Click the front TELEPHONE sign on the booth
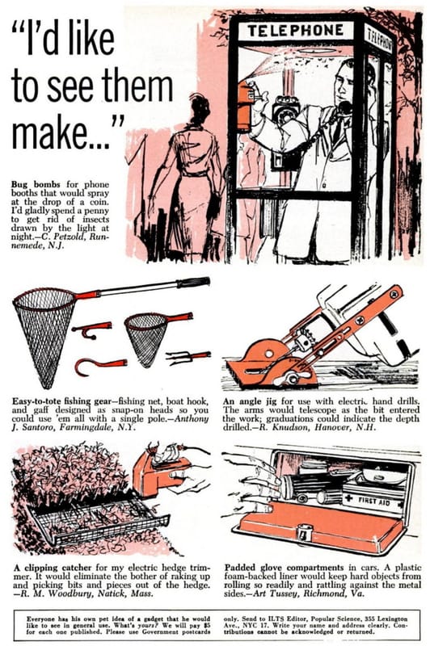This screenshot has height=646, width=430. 295,31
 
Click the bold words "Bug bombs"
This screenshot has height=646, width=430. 36,184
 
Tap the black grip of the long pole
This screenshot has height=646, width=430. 193,283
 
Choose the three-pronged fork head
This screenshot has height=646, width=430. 188,357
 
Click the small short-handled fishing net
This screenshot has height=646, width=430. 153,333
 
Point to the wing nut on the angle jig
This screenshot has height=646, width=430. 293,377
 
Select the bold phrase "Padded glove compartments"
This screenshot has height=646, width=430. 284,568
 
